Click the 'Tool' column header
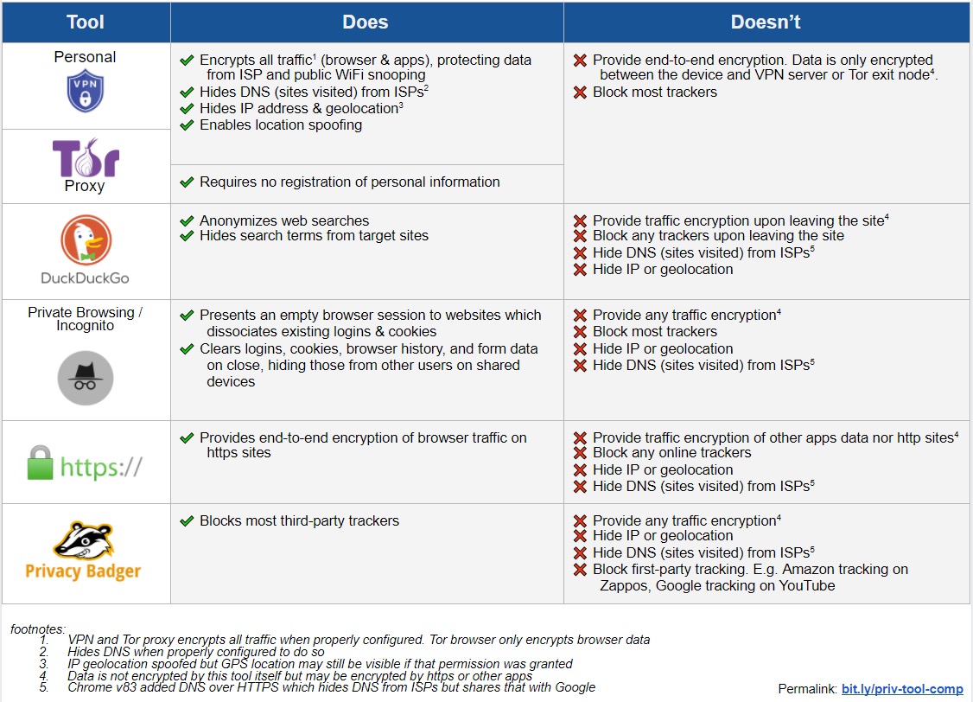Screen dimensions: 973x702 [x=86, y=22]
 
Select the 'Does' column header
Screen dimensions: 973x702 [x=366, y=22]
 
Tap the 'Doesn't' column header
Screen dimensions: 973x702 [x=765, y=22]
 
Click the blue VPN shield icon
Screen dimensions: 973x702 [x=85, y=92]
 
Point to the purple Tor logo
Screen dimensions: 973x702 [x=86, y=157]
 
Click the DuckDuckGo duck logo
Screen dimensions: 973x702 [x=86, y=240]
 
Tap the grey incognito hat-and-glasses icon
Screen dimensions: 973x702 [x=86, y=378]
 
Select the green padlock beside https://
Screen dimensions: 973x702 [x=41, y=463]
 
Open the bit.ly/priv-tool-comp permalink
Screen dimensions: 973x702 [x=902, y=689]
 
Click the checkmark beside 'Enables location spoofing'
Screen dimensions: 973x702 [x=187, y=125]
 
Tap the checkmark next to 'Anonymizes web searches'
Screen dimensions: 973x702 [x=187, y=221]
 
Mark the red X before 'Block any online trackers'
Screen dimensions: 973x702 [x=580, y=453]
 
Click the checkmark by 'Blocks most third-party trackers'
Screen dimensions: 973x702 [x=187, y=521]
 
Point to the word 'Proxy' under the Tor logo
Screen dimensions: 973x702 [x=85, y=186]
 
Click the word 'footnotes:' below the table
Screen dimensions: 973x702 [x=38, y=629]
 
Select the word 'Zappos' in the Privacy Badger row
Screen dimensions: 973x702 [x=623, y=586]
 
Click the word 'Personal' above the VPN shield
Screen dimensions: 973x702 [x=85, y=57]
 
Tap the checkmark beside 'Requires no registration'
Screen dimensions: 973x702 [x=187, y=182]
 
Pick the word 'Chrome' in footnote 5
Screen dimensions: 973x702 [x=88, y=687]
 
